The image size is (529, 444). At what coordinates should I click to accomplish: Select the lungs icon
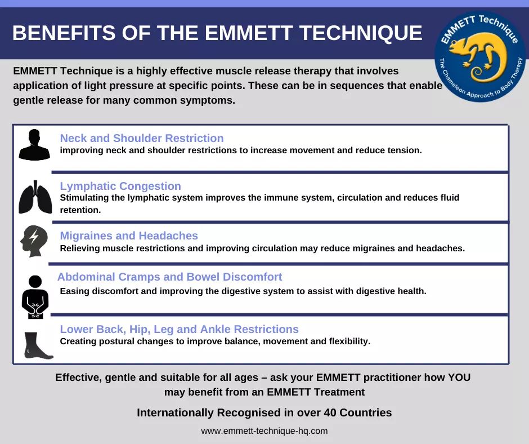pyautogui.click(x=35, y=197)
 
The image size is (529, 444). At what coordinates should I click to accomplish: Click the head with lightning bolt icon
pyautogui.click(x=34, y=241)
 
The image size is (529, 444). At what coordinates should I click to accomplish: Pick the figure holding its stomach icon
pyautogui.click(x=35, y=297)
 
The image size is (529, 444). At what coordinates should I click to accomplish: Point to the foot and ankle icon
pyautogui.click(x=38, y=345)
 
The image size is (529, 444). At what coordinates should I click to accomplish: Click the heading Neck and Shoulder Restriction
pyautogui.click(x=142, y=138)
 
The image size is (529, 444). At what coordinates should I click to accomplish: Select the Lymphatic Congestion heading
pyautogui.click(x=120, y=186)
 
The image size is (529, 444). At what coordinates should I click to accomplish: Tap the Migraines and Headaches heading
pyautogui.click(x=129, y=236)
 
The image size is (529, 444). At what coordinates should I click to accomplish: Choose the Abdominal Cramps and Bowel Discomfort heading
pyautogui.click(x=170, y=277)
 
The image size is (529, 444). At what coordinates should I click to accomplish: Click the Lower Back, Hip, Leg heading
pyautogui.click(x=179, y=329)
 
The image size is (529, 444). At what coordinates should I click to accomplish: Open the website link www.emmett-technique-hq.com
pyautogui.click(x=264, y=431)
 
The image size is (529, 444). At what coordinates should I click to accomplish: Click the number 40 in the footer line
pyautogui.click(x=330, y=412)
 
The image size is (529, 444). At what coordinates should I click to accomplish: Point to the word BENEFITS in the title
pyautogui.click(x=64, y=33)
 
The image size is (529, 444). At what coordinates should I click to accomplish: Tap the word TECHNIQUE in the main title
pyautogui.click(x=361, y=33)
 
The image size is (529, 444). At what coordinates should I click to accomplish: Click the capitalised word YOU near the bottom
pyautogui.click(x=459, y=377)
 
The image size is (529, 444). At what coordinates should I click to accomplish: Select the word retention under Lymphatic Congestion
pyautogui.click(x=80, y=210)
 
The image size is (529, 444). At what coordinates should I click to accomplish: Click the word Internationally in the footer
pyautogui.click(x=176, y=412)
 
